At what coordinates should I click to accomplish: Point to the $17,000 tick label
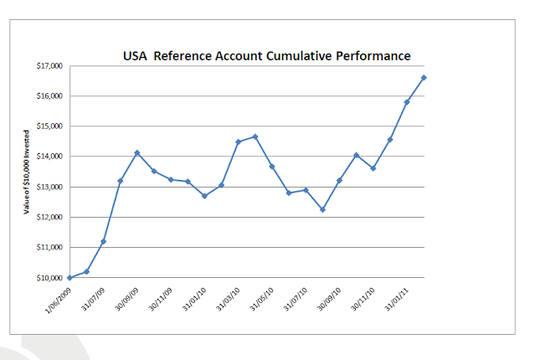50,66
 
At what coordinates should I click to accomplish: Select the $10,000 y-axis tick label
50,278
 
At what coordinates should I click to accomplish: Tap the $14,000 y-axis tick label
50,157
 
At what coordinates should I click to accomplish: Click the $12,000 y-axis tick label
50,218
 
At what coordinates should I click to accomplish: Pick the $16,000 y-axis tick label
50,96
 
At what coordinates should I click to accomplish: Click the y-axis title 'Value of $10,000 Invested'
27,172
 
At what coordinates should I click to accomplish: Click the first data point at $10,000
70,278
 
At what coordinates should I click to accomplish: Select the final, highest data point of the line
425,78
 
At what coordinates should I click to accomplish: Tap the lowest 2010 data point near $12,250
322,209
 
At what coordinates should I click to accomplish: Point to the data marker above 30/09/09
137,153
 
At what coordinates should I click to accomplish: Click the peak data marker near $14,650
255,136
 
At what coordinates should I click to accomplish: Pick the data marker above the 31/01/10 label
204,196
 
